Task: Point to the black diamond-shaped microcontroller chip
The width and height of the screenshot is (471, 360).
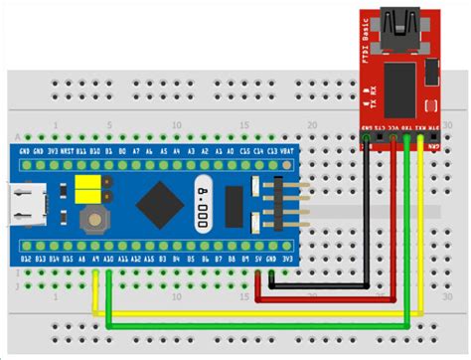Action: point(155,206)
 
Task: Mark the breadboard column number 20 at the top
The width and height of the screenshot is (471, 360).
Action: point(313,125)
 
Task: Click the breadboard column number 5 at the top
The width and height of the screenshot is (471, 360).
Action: point(107,125)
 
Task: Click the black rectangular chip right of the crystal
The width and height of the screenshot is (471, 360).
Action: point(235,208)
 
